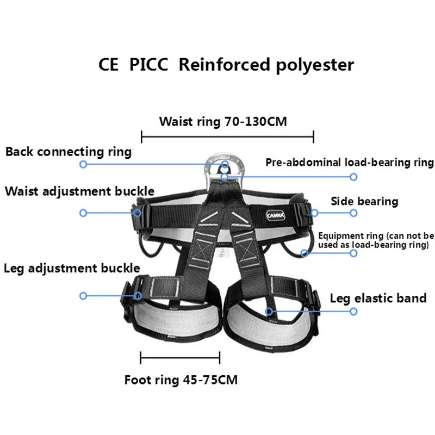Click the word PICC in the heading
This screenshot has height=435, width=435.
148,64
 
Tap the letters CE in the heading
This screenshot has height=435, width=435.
108,64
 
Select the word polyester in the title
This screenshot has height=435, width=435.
315,65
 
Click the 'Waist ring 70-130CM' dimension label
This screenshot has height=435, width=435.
223,122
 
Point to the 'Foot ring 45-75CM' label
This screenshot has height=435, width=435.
181,380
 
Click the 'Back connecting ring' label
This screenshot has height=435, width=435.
69,152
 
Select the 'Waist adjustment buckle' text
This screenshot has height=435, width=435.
79,191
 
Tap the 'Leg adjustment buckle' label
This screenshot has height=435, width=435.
72,268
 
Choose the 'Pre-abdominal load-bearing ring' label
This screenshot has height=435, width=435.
350,162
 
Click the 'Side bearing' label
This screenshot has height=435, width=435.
364,201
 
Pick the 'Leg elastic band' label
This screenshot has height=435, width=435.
378,299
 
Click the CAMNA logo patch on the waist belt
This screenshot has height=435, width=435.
276,215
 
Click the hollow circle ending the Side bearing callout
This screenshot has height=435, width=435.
353,213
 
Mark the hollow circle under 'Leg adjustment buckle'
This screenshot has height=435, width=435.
83,296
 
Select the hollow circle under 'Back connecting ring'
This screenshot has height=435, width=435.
83,164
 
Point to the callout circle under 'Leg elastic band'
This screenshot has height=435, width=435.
353,312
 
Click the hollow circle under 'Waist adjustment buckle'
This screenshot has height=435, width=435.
83,213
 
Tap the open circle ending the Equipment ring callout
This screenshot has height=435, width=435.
353,253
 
